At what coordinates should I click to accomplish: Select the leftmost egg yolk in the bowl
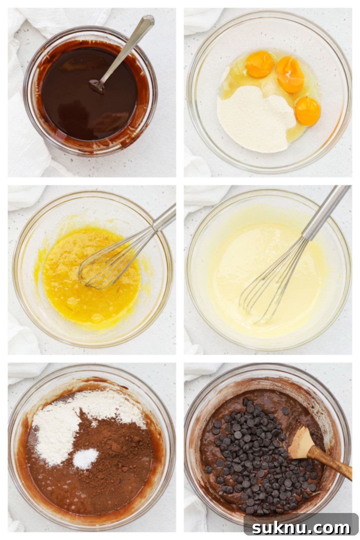coord(260,64)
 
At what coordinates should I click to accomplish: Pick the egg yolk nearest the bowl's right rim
coord(307,111)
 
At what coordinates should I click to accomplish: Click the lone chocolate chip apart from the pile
coord(286,411)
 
